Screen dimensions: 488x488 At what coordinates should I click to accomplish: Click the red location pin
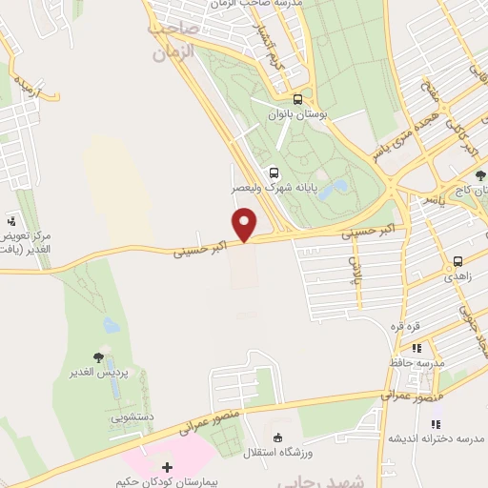[x=246, y=225]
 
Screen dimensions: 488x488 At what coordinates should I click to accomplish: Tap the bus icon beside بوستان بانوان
[x=298, y=99]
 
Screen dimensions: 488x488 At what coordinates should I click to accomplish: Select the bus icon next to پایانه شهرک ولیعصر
[x=274, y=173]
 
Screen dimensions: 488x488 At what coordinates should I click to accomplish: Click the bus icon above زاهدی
[x=458, y=260]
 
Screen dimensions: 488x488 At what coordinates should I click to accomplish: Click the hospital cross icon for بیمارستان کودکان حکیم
[x=168, y=467]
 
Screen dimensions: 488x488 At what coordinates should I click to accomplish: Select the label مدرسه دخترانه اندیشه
[x=425, y=438]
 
